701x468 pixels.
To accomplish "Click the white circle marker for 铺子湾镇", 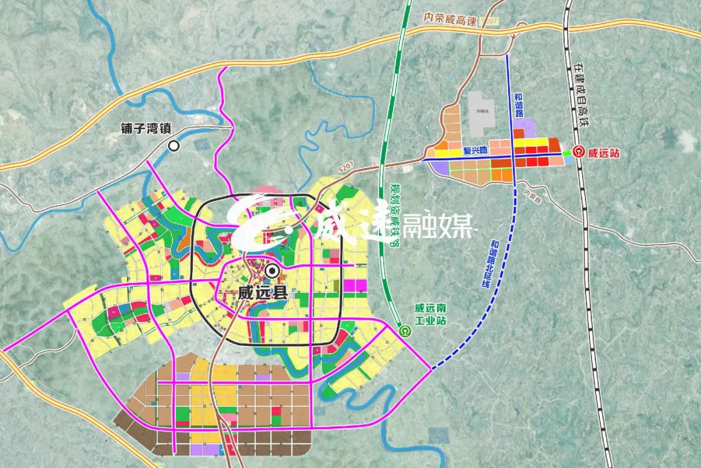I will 174,146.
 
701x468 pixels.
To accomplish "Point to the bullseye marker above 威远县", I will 272,271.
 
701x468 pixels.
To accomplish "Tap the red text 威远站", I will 604,154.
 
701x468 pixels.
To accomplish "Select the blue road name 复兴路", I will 476,151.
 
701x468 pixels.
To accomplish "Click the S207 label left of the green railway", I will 348,169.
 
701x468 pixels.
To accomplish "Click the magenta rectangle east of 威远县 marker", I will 354,284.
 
